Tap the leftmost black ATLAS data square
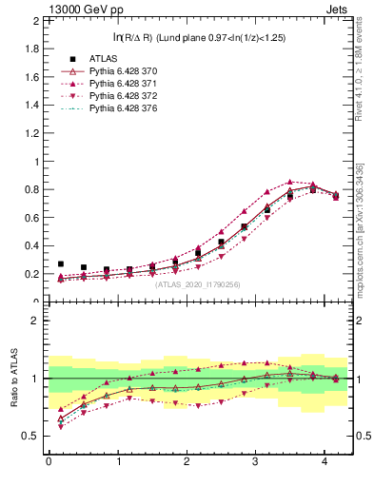(61, 263)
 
